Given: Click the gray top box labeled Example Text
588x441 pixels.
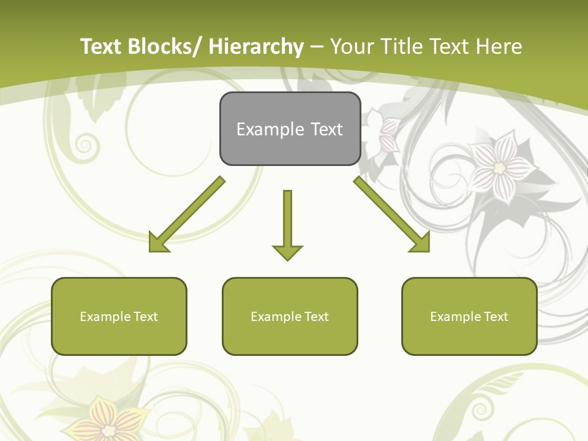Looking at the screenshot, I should pos(290,129).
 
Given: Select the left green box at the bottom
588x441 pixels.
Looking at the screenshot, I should pos(119,316).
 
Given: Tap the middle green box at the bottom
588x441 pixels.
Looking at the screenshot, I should pos(290,316).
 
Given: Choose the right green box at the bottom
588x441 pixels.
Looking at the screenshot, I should pos(469,316).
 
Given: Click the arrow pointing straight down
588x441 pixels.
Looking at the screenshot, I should pos(287,224).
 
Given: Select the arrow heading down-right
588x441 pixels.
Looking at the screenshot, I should pos(392,215).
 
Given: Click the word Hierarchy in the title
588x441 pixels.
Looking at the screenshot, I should pos(256,47).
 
